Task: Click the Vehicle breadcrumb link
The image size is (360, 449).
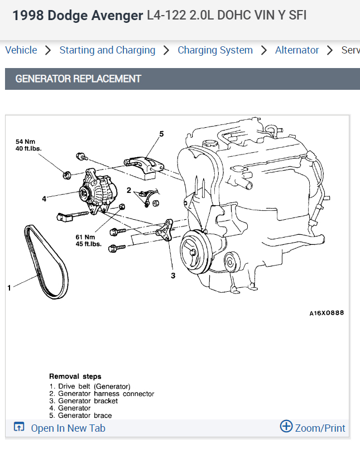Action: pos(21,50)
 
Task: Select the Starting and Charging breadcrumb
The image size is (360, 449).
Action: pos(107,50)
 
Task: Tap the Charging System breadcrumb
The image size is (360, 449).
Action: pos(215,50)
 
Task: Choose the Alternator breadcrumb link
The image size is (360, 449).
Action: pos(297,50)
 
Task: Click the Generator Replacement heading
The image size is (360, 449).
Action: pos(78,79)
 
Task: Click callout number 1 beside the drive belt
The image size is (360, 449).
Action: pos(9,288)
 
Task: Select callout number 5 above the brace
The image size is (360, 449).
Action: pos(161,134)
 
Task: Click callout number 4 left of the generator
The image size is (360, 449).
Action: pos(44,198)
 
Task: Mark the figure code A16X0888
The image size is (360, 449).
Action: pos(327,313)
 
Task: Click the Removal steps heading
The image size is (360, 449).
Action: pos(75,376)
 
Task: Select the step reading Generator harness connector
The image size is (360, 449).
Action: pos(106,394)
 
